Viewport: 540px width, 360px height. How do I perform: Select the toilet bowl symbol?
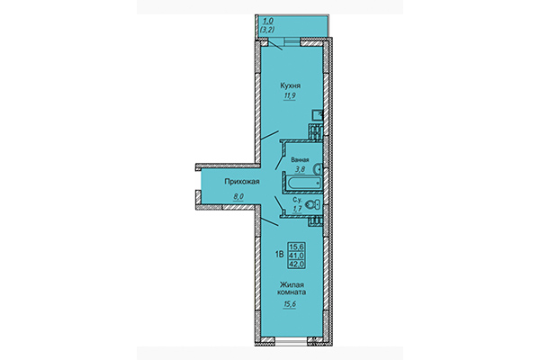coord(314,206)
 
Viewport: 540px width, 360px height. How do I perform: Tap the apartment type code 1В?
coord(278,256)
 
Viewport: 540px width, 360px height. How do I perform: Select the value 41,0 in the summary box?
coord(295,255)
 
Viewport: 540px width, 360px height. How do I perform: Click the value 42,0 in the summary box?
coord(295,264)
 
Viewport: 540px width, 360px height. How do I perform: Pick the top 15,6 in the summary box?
coord(295,246)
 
